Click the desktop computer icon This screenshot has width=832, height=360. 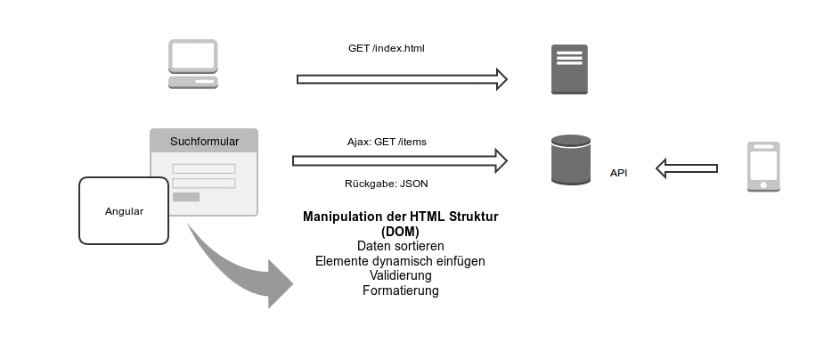[192, 63]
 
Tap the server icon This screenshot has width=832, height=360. [568, 70]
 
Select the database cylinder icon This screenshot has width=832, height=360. [570, 160]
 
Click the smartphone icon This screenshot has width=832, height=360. [763, 167]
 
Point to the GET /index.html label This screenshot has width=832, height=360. [387, 47]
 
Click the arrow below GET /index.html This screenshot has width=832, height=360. [401, 79]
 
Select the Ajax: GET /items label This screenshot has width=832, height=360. [387, 142]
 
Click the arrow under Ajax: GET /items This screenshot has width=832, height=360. [399, 161]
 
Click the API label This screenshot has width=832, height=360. [618, 173]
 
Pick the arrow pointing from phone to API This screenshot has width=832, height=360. [686, 167]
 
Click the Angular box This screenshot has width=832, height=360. [124, 211]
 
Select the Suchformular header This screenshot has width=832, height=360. [204, 141]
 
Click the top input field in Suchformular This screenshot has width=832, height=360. [203, 168]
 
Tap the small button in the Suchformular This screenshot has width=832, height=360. [185, 197]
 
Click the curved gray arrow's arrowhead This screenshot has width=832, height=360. [278, 284]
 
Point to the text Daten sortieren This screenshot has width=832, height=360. [400, 246]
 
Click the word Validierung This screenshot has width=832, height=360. [400, 275]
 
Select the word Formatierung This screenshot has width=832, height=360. [400, 290]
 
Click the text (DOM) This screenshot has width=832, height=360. [400, 231]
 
